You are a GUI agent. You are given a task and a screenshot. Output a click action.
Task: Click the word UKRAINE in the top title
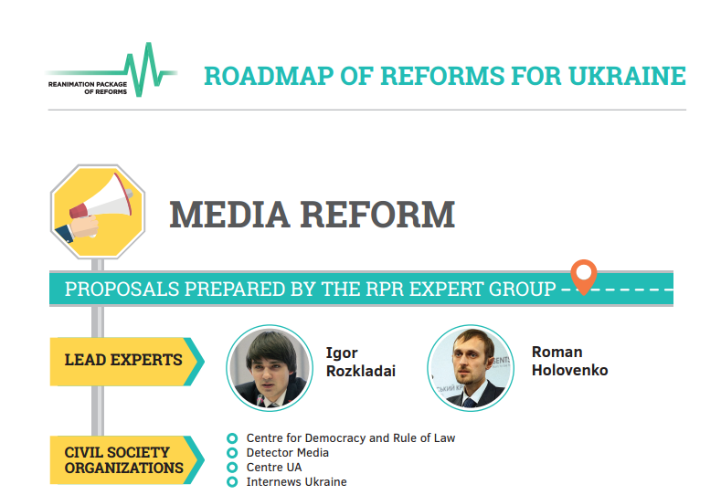point(627,77)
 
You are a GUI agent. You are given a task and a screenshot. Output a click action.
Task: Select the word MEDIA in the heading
point(230,215)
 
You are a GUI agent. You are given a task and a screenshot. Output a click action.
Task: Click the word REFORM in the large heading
point(378,215)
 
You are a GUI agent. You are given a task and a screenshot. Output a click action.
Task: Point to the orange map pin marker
point(584,277)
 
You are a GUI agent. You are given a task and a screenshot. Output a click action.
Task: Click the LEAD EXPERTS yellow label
point(127,362)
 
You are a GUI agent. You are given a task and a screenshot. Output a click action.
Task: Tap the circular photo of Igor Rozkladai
point(270,368)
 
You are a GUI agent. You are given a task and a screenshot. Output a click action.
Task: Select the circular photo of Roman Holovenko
point(471,368)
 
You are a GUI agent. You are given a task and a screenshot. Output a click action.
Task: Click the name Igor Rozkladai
point(360,362)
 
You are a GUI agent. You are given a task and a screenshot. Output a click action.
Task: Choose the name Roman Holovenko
point(569,361)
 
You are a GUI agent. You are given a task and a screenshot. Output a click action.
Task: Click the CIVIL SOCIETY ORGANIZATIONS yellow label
point(127,460)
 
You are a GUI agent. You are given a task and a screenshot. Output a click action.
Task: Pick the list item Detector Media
point(287,453)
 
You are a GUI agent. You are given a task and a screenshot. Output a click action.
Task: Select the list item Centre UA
point(274,468)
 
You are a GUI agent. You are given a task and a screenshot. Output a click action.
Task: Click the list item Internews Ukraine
point(297,481)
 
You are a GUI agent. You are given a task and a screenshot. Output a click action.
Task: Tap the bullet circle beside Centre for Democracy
point(232,438)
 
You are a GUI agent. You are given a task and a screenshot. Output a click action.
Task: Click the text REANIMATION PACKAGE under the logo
point(88,85)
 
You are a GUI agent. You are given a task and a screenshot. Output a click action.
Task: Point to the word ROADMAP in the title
point(269,77)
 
